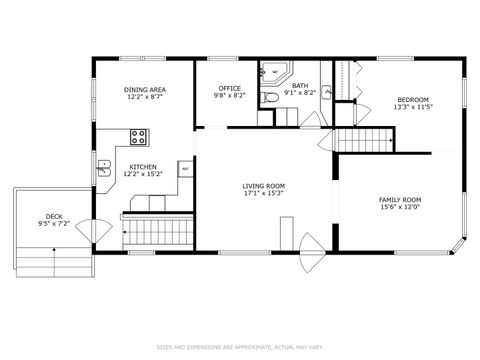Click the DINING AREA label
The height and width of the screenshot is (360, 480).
click(145, 89)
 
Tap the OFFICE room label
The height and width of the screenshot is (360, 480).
click(229, 89)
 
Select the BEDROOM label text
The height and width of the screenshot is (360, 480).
click(413, 99)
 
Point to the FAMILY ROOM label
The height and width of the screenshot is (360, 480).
click(399, 199)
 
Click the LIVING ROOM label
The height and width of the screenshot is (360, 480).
click(263, 185)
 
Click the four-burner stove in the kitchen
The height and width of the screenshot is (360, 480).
click(140, 135)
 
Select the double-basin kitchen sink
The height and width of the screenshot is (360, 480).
click(103, 167)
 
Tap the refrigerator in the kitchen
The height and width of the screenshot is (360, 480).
click(185, 169)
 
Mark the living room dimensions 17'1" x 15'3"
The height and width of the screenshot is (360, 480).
click(263, 193)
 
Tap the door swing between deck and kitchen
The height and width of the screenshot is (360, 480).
click(87, 229)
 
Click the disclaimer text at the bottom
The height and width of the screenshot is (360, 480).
click(240, 346)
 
